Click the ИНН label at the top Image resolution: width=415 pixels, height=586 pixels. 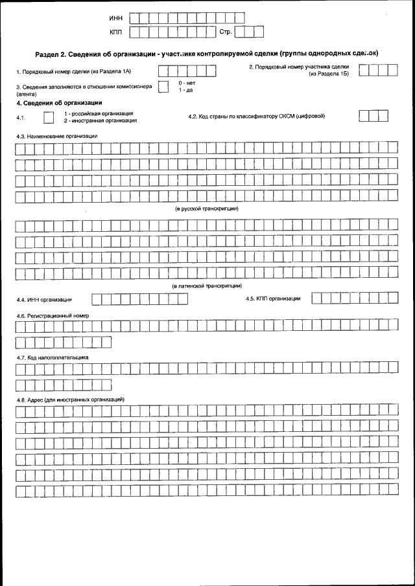point(116,17)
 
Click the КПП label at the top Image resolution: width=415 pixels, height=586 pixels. point(116,31)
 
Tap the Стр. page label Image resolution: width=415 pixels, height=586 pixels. point(226,31)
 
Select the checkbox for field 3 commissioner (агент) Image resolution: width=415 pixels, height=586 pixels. point(163,89)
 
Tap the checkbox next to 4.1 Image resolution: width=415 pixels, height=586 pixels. point(48,117)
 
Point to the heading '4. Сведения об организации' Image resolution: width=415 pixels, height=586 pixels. point(59,103)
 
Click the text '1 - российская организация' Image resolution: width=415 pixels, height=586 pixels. point(98,113)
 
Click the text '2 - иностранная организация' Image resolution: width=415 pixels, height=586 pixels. point(100,120)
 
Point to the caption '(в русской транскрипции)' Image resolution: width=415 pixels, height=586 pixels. point(207,209)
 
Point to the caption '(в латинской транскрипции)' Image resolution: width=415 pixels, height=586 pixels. point(207,286)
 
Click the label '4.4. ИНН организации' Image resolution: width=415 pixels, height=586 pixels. point(44,300)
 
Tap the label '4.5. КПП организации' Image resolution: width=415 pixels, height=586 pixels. point(273,299)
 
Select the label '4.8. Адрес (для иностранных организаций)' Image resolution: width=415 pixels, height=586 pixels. point(70,400)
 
